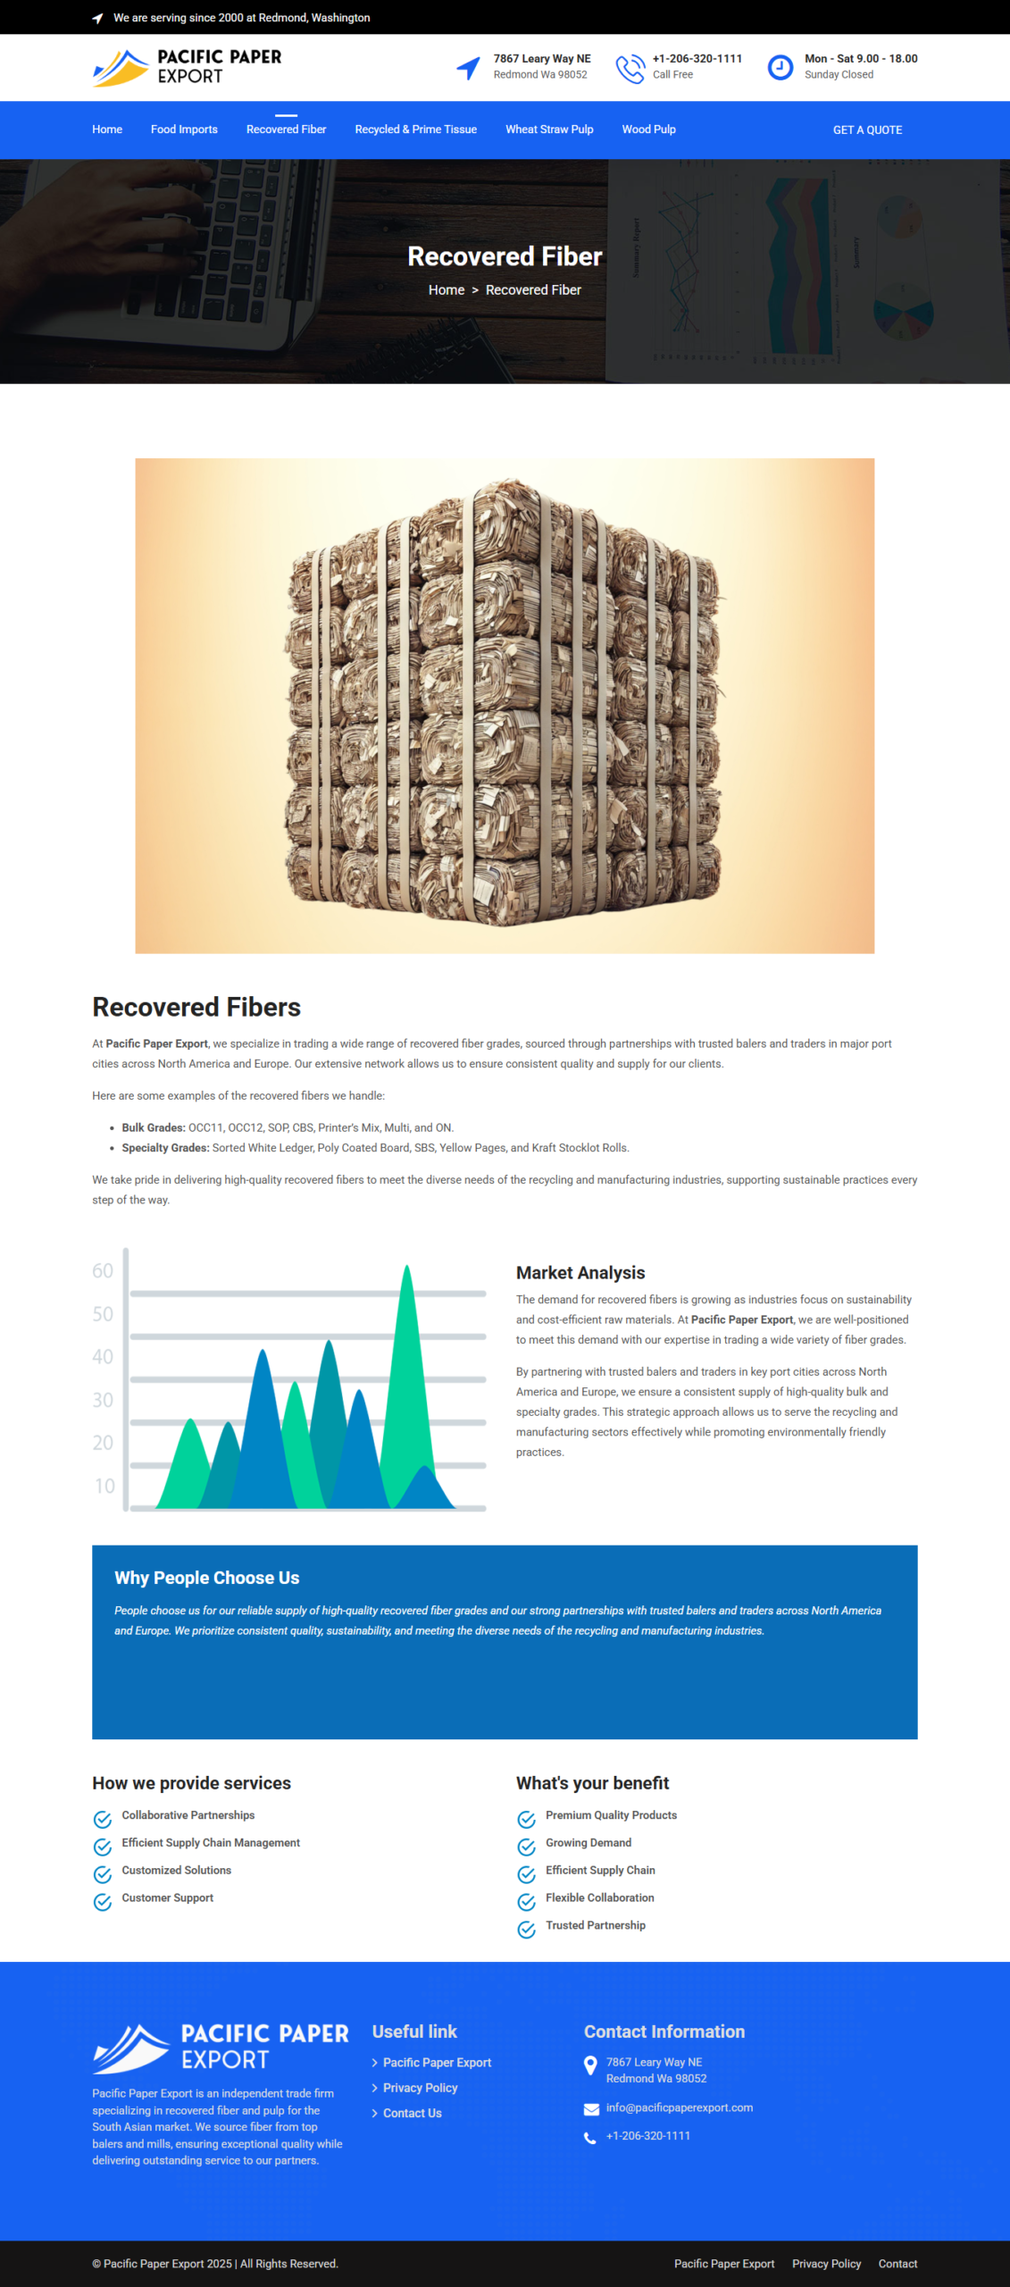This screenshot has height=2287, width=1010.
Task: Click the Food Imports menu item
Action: pos(184,130)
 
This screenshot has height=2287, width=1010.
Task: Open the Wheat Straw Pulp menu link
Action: pos(549,130)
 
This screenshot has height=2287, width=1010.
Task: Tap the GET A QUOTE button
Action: pos(867,130)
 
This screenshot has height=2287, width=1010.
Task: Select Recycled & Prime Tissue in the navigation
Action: pos(415,130)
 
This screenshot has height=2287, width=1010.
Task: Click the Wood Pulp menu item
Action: pos(648,130)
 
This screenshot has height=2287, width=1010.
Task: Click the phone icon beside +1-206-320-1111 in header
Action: pos(630,68)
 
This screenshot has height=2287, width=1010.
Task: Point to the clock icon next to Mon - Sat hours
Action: pos(780,67)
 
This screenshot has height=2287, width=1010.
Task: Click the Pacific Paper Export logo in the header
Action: pos(188,67)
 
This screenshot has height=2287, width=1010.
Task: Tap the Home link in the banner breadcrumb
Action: pos(446,290)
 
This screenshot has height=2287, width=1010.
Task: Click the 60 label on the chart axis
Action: pos(103,1271)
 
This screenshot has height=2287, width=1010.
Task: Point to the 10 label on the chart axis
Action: pos(104,1486)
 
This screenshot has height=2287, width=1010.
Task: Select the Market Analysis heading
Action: pos(580,1273)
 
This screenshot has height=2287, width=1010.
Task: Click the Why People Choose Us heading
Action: pos(206,1579)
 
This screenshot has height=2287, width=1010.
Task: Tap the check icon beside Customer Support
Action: pos(103,1902)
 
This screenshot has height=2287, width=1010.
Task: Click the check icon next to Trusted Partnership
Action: pos(527,1930)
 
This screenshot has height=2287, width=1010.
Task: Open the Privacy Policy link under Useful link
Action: pos(420,2088)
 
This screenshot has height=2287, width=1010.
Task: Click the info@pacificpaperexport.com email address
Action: pos(679,2107)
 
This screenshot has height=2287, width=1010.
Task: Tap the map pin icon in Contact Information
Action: pos(590,2065)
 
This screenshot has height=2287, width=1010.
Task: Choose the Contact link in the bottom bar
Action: pos(897,2264)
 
